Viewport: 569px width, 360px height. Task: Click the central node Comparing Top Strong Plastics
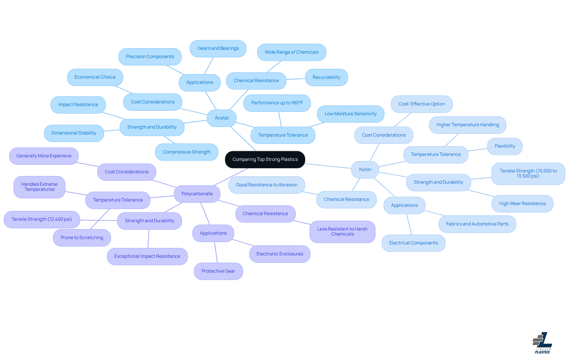click(x=265, y=159)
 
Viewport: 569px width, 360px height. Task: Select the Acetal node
click(x=222, y=118)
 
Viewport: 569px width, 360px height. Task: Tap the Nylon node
click(x=365, y=169)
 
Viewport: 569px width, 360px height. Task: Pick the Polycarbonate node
click(x=197, y=194)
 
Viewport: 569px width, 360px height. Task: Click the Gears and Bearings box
click(x=218, y=48)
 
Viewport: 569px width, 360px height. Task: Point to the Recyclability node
click(x=326, y=77)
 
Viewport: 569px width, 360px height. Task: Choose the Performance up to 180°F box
click(x=277, y=103)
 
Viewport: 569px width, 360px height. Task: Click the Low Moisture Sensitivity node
click(x=351, y=114)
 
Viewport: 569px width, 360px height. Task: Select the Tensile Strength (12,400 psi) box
click(x=42, y=219)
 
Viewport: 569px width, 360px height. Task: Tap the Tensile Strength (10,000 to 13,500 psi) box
click(x=528, y=173)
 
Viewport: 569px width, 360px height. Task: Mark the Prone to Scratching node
click(x=82, y=238)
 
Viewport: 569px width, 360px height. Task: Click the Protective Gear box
click(x=218, y=271)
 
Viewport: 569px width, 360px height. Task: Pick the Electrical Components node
click(x=413, y=243)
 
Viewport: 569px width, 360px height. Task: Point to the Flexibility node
click(x=505, y=146)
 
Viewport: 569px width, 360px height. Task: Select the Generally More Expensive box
click(x=44, y=156)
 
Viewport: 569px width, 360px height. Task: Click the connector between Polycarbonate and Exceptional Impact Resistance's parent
click(x=173, y=207)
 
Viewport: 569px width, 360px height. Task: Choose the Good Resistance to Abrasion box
click(x=267, y=185)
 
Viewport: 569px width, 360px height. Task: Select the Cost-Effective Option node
click(x=421, y=104)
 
